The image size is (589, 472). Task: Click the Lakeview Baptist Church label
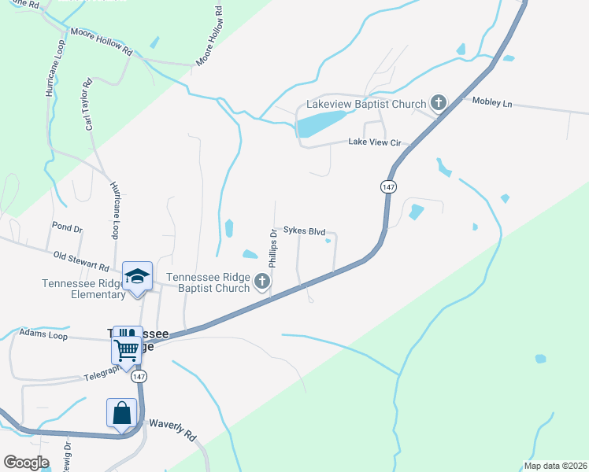(x=366, y=104)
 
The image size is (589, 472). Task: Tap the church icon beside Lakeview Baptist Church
(x=438, y=103)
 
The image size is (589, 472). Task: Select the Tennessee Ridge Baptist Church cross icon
(x=263, y=282)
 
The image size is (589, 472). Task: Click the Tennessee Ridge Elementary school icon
(x=137, y=276)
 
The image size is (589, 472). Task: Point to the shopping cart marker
(x=126, y=348)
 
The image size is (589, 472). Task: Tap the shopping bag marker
(x=122, y=412)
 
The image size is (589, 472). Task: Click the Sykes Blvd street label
(x=304, y=232)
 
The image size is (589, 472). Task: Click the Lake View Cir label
(x=375, y=142)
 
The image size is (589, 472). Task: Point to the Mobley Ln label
(x=491, y=103)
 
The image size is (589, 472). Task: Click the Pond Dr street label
(x=67, y=227)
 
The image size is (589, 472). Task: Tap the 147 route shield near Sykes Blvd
(x=387, y=187)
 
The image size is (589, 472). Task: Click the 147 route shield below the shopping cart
(x=139, y=377)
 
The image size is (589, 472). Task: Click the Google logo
(x=27, y=462)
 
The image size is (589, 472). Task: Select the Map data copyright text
(x=554, y=466)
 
